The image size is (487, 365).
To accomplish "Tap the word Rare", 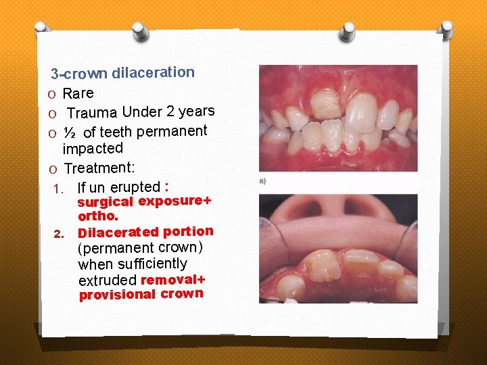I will click(x=78, y=93).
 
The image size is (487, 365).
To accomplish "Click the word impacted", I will click(x=93, y=148).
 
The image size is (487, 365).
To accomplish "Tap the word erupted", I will click(x=135, y=187).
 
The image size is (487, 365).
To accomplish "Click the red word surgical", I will click(x=105, y=202).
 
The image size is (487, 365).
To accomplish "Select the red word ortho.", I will click(x=98, y=217).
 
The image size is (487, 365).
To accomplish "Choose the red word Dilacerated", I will click(x=118, y=233).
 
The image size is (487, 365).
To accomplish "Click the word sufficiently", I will click(x=153, y=264).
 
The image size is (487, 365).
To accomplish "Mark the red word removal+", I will click(x=172, y=279).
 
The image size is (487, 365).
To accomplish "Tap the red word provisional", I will click(x=117, y=295).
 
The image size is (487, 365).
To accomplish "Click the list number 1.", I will click(x=57, y=188).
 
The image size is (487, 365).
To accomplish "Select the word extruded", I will click(x=107, y=280).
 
